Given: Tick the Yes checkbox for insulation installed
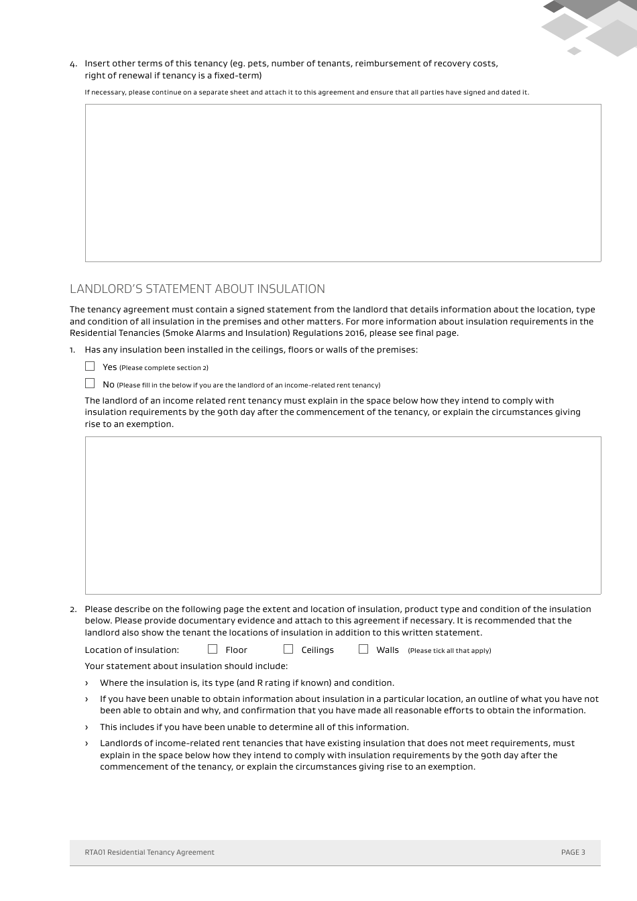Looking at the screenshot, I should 90,366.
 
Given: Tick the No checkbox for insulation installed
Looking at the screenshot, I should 90,383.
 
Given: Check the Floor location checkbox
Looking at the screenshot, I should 213,649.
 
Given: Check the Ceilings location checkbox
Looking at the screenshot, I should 288,649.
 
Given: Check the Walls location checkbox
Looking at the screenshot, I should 363,649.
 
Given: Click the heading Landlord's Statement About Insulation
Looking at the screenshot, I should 197,289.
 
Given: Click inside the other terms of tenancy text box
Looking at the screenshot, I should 343,182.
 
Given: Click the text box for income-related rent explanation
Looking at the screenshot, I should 343,515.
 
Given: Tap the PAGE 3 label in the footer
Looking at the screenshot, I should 573,853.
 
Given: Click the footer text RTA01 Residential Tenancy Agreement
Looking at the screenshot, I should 150,853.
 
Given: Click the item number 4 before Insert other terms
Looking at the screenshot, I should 73,64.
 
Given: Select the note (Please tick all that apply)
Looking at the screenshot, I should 449,651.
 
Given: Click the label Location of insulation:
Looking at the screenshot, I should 132,650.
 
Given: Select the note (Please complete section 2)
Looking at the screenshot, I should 164,368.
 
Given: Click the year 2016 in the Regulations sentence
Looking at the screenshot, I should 355,333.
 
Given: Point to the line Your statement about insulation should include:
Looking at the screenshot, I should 186,666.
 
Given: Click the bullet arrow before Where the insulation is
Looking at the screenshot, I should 86,683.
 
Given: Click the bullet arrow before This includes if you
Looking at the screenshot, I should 86,727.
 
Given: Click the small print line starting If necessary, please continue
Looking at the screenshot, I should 306,93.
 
